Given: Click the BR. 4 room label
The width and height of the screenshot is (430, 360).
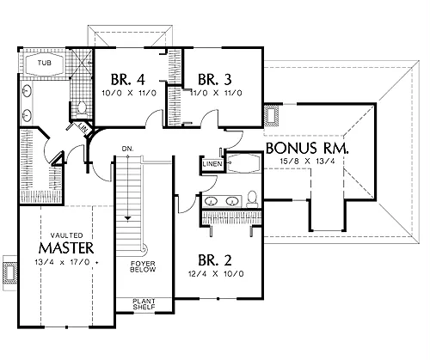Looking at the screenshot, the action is click(x=128, y=80).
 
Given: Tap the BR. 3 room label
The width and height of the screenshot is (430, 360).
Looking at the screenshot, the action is click(x=215, y=80).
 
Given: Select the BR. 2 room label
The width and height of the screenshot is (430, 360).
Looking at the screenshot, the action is click(x=215, y=260).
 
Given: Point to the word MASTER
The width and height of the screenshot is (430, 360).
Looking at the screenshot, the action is click(x=66, y=248).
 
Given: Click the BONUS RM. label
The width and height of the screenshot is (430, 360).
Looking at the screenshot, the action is click(x=308, y=149).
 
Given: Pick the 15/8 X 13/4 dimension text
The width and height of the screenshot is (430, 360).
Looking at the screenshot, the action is click(x=307, y=161).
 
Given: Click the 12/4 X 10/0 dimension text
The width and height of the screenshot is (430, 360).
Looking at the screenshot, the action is click(x=216, y=274).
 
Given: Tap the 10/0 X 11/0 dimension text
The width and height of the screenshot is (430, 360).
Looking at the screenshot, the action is click(x=129, y=93).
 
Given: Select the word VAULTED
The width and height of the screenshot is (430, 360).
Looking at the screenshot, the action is click(x=67, y=235).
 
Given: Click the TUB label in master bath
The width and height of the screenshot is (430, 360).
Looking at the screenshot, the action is click(x=45, y=63).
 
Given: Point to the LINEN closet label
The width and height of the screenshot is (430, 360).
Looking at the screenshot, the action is click(x=212, y=164).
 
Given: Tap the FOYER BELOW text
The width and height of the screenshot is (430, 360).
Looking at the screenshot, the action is click(x=143, y=266).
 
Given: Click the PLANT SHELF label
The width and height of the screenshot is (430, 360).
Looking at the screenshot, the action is click(x=144, y=304).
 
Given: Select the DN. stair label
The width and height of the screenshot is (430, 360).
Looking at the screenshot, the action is click(x=127, y=149).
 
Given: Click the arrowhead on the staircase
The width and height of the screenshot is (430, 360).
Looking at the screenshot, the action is click(x=127, y=218).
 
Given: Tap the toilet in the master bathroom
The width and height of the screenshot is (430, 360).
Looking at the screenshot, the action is click(x=82, y=109).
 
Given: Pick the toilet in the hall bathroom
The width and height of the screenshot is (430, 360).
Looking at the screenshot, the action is click(x=252, y=198).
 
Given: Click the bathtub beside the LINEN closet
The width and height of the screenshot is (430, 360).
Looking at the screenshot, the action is click(x=243, y=163).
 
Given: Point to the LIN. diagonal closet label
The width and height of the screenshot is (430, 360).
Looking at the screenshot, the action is click(x=83, y=127).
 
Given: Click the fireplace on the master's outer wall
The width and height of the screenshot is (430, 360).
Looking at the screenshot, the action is click(x=10, y=273).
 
